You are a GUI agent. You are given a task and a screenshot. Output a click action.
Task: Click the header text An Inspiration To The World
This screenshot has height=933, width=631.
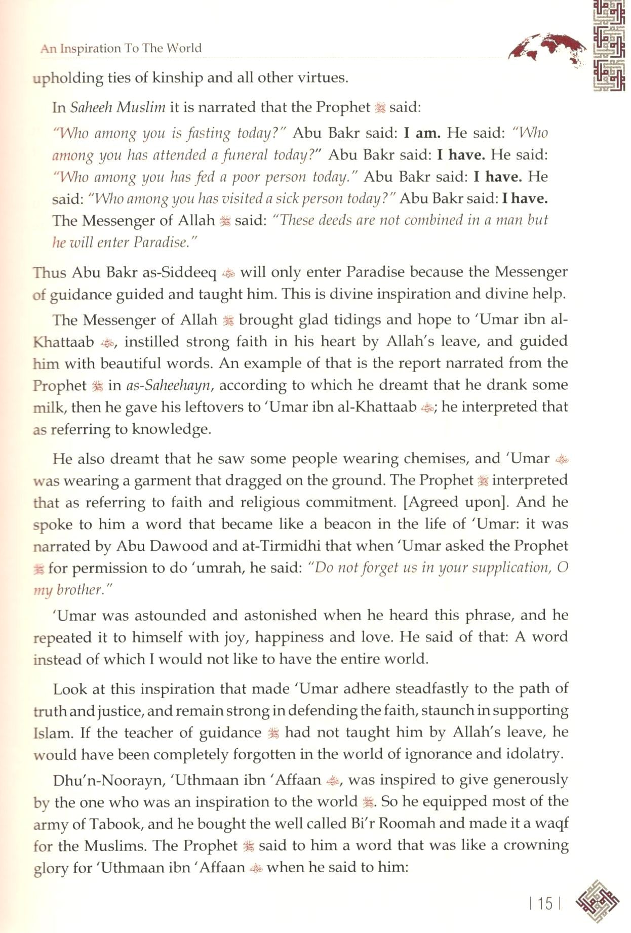pos(121,49)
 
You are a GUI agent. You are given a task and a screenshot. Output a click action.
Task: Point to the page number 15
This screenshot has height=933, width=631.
pos(545,903)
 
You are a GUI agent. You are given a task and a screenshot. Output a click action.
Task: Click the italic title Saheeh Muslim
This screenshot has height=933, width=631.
pos(117,107)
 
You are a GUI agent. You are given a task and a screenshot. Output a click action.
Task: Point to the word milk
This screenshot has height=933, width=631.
pos(49,408)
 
